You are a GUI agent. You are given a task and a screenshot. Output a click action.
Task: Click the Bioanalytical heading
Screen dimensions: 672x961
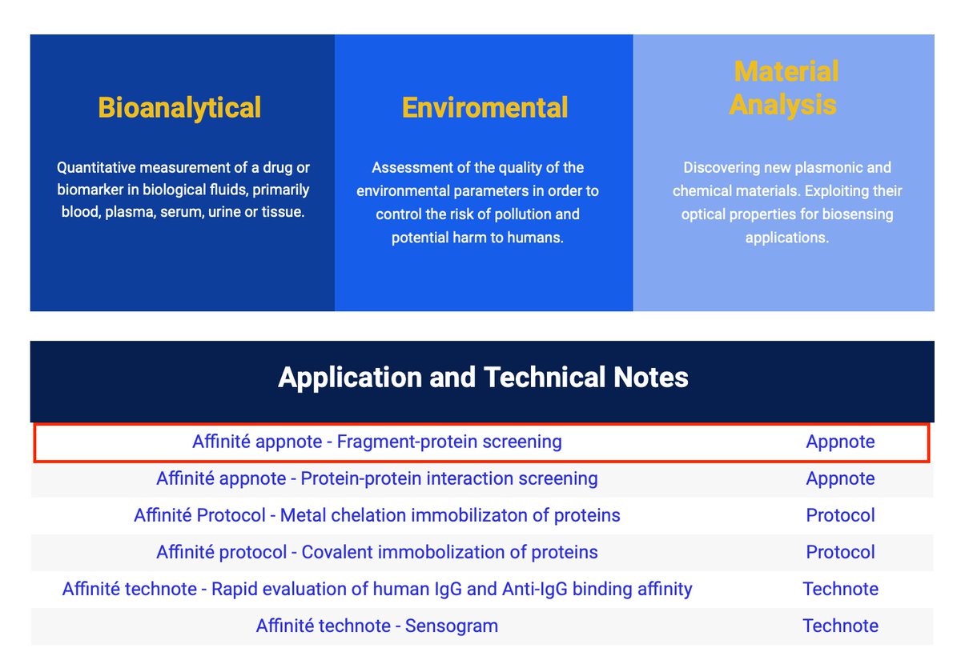179,108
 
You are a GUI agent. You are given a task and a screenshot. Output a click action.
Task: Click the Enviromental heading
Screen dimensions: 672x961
485,108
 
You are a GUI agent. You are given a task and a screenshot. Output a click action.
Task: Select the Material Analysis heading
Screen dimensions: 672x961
784,88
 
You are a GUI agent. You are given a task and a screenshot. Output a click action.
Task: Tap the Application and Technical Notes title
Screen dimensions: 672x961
483,378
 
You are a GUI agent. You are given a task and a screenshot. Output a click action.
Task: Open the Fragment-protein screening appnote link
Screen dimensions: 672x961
376,442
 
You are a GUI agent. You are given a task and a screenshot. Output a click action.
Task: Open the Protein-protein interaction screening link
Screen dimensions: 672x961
376,478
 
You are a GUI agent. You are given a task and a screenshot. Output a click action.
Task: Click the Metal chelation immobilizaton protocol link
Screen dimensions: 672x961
376,515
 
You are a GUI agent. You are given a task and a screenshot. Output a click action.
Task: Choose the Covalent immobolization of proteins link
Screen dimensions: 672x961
376,552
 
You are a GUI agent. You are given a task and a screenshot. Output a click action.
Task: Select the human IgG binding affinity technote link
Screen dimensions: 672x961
376,589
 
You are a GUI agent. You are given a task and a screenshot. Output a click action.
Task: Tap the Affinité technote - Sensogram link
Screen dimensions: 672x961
376,626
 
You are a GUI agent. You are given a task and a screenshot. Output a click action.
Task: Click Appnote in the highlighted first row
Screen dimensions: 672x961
840,442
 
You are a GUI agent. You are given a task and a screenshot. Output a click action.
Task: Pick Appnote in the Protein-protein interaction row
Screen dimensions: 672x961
840,478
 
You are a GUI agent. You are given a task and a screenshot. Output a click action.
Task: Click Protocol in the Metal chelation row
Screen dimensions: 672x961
840,515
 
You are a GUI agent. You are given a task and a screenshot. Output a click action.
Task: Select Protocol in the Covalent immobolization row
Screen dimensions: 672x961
840,552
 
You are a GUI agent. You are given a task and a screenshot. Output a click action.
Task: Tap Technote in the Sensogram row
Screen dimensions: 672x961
840,626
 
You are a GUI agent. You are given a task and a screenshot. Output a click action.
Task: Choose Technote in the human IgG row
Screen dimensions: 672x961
840,589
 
